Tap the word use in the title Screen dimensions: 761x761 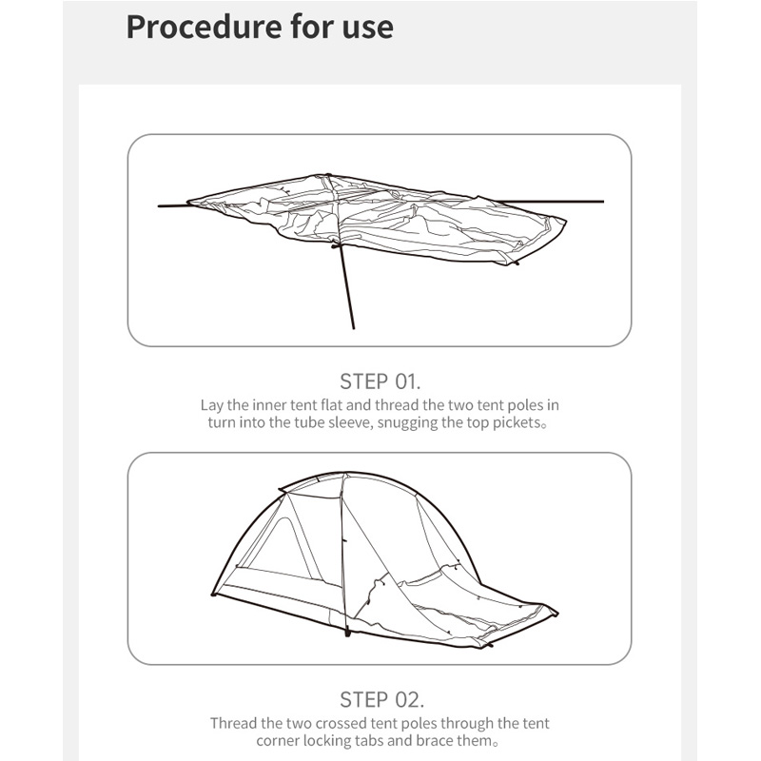367,29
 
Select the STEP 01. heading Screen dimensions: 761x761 380,381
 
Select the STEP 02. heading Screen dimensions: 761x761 382,700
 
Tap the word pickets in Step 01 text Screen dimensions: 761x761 517,422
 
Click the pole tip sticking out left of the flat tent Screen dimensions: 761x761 159,206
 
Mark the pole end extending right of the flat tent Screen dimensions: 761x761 603,201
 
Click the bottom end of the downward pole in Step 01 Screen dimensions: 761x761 353,328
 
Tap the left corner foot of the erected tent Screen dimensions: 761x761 213,594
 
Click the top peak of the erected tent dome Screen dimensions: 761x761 344,472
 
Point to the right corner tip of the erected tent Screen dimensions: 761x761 556,613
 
